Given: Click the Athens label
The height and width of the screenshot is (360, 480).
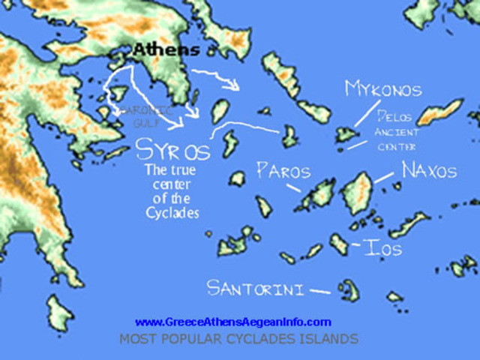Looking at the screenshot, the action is pyautogui.click(x=166, y=50).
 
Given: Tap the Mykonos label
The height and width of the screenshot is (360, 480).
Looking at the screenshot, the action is pyautogui.click(x=383, y=89).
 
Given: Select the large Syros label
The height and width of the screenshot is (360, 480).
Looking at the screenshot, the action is pyautogui.click(x=172, y=149).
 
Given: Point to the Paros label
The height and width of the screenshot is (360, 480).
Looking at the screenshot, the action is pyautogui.click(x=283, y=170).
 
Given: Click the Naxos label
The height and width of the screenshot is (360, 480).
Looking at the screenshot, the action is pyautogui.click(x=428, y=170).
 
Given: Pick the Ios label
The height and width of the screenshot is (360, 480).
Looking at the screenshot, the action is pyautogui.click(x=382, y=247).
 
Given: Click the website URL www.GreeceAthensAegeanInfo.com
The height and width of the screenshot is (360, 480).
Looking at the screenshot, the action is pyautogui.click(x=232, y=322).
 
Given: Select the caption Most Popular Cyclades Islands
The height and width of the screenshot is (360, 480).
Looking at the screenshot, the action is pyautogui.click(x=238, y=339).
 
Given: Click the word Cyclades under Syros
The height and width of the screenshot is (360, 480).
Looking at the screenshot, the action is pyautogui.click(x=172, y=213).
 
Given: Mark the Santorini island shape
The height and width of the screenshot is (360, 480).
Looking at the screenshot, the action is pyautogui.click(x=347, y=289).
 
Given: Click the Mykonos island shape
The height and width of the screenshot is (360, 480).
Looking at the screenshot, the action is pyautogui.click(x=346, y=134).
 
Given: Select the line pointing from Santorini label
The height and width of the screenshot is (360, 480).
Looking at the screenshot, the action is pyautogui.click(x=319, y=290).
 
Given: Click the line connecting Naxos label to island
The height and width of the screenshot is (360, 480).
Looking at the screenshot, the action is pyautogui.click(x=384, y=178).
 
